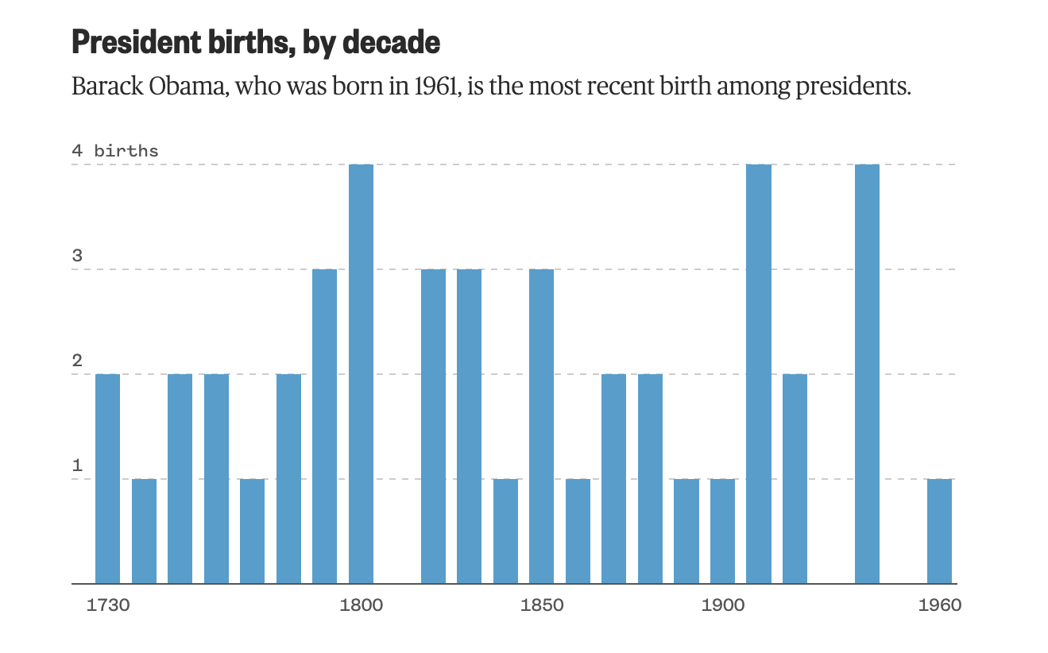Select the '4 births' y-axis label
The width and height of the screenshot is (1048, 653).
coord(116,150)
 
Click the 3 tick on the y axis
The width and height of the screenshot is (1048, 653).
coord(78,256)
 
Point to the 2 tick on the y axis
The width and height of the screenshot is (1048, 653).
coord(78,361)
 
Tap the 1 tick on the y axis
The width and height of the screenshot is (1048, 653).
coord(78,466)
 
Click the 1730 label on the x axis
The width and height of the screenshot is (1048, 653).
coord(108,605)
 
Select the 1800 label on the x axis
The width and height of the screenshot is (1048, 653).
coord(361,605)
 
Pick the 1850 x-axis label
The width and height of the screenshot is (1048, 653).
coord(542,605)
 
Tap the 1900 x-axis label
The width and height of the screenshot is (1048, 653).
coord(723,605)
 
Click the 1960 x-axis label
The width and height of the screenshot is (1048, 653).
coord(940,605)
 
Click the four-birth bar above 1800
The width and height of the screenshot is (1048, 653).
coord(361,373)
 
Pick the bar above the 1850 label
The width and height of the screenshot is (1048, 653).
coord(542,426)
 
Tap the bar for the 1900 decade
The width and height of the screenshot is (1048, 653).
coord(723,531)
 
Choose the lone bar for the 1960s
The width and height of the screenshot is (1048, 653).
coord(940,531)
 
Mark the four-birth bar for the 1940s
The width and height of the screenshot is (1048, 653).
coord(868,373)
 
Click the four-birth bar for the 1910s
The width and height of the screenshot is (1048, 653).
coord(759,373)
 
